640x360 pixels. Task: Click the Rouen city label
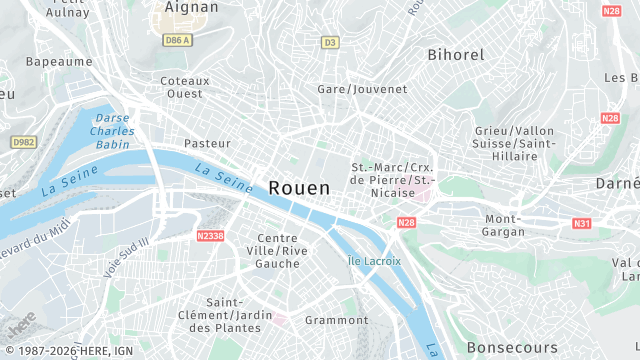[298, 187]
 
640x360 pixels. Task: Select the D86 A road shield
[178, 40]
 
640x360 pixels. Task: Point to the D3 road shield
[330, 42]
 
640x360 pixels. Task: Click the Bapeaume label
[59, 61]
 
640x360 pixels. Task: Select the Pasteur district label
[207, 143]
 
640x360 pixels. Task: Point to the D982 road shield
[23, 143]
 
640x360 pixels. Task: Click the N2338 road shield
[210, 236]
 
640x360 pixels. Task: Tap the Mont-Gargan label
[504, 225]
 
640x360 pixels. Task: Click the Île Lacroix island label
[374, 261]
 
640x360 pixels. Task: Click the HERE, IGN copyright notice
[68, 350]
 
